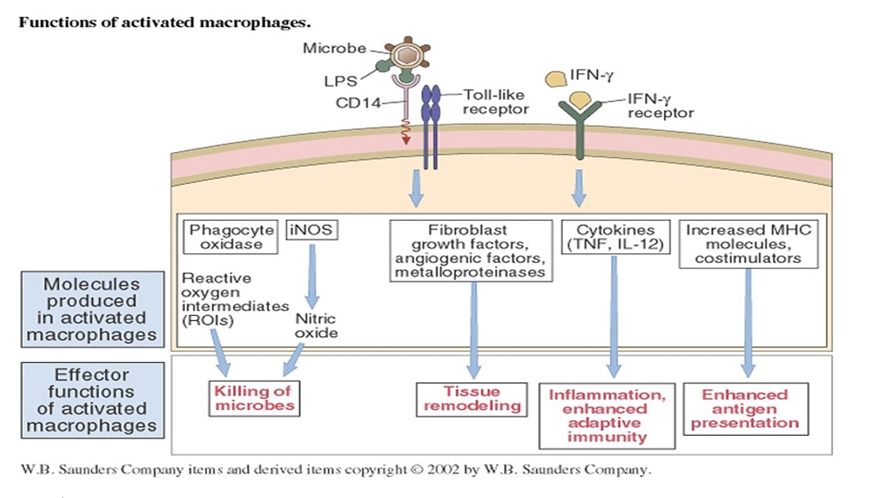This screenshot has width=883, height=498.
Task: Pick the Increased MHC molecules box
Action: (748, 244)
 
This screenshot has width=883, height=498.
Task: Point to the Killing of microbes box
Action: (254, 398)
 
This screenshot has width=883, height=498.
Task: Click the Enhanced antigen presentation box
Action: (744, 408)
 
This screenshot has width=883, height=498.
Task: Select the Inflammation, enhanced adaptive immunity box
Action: (607, 415)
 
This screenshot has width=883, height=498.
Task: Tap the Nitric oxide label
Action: (315, 326)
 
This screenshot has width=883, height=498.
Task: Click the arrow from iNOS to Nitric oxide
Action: (313, 276)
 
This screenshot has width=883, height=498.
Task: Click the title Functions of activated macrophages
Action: (164, 22)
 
